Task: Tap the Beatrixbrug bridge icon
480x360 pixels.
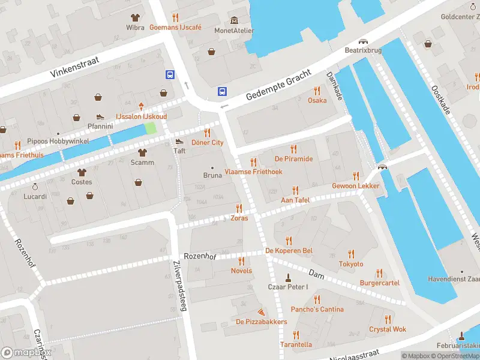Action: [363, 41]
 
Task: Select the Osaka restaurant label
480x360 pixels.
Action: [317, 100]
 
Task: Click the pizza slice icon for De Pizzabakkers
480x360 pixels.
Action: [261, 312]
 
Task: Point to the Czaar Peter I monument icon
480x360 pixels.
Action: [288, 277]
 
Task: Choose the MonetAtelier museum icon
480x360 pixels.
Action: [234, 20]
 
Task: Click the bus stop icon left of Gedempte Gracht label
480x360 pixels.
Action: [222, 91]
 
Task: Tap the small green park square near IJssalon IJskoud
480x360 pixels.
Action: [150, 128]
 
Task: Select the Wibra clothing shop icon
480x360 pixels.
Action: [135, 17]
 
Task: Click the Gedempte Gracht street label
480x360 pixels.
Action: [278, 86]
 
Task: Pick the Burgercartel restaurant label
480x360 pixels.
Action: [379, 283]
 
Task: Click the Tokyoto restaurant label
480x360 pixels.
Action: [351, 264]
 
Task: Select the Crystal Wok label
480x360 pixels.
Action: [388, 329]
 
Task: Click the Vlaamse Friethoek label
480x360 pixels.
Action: [253, 172]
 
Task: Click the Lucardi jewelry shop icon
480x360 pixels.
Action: [35, 187]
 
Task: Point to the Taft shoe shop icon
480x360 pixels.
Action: [179, 142]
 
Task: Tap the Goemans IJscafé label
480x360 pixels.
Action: [175, 28]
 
